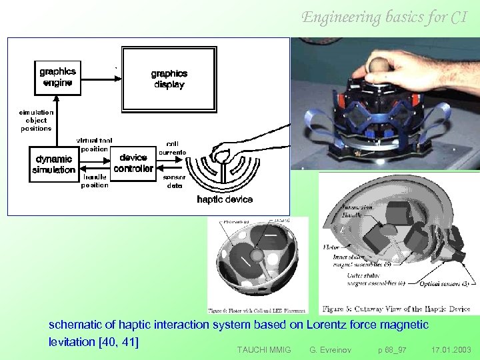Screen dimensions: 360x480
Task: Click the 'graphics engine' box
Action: [x=57, y=77]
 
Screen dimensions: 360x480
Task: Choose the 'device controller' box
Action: [x=133, y=163]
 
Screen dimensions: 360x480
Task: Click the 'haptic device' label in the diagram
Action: [x=225, y=199]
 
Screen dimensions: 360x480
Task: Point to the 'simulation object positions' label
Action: [x=36, y=121]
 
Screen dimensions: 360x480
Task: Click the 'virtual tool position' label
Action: [x=94, y=145]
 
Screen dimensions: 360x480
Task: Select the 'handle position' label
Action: [x=94, y=181]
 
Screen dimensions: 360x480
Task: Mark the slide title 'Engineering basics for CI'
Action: [x=384, y=17]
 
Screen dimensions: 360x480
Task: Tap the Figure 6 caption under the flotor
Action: [x=257, y=309]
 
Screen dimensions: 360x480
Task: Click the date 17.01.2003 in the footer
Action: [x=451, y=349]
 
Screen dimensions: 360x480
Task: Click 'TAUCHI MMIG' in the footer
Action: [x=264, y=349]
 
